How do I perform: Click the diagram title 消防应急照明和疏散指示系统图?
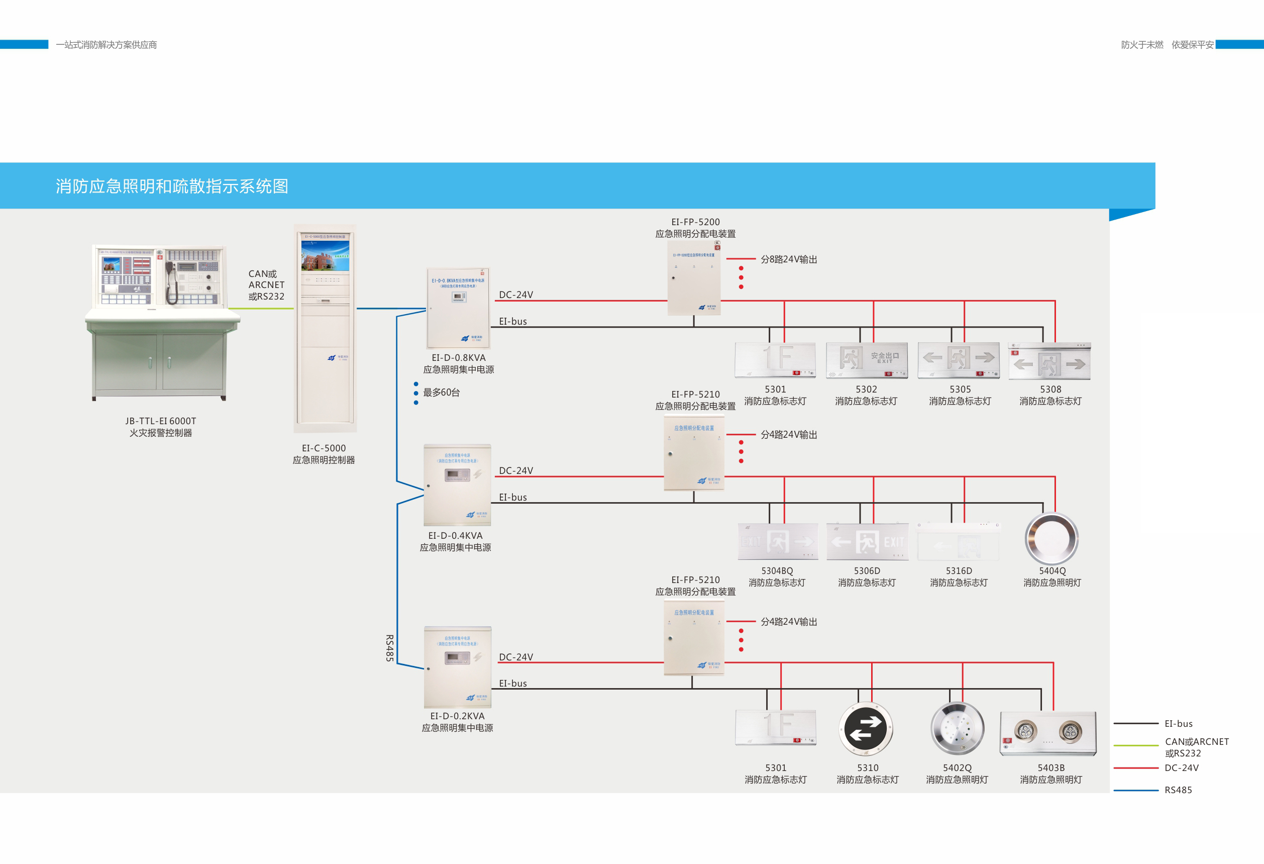(172, 186)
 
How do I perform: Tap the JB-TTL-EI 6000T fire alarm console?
(162, 322)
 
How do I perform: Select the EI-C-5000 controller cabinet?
(325, 328)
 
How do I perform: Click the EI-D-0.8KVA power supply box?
(458, 308)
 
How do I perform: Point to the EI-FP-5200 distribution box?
(694, 278)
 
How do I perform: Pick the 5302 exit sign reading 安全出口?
(867, 360)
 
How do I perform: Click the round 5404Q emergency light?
(1051, 539)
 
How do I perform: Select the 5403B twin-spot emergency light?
(1047, 733)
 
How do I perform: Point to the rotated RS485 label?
(389, 647)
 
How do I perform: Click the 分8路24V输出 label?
(789, 259)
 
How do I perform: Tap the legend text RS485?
(1178, 790)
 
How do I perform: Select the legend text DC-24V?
(1181, 767)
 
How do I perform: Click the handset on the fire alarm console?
(171, 282)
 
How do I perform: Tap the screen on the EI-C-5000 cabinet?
(325, 256)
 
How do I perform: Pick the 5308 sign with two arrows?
(1049, 362)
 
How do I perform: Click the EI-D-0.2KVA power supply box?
(457, 667)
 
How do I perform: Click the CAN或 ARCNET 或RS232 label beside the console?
(266, 285)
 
